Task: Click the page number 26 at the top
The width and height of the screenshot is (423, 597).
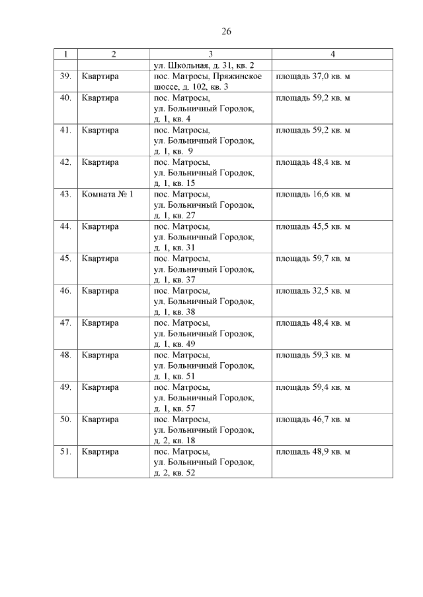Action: tap(226, 31)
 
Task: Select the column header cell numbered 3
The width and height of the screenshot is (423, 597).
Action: tap(210, 54)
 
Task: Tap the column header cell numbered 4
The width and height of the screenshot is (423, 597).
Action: tap(332, 54)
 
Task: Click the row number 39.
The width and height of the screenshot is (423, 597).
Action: tap(65, 77)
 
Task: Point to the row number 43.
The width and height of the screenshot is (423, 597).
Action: tap(65, 195)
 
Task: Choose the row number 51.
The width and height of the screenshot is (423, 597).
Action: tap(65, 452)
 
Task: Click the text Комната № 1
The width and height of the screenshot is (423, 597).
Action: tap(108, 195)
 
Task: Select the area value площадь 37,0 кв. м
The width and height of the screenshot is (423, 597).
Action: tap(313, 77)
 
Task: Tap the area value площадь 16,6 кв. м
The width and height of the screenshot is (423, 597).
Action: tap(313, 195)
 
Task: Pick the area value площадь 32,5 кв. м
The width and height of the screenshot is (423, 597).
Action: tap(313, 291)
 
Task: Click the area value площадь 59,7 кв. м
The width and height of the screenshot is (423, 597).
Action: tap(313, 259)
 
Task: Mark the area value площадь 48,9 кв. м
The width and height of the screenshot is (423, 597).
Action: tap(313, 452)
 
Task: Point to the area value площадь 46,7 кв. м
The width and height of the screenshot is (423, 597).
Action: tap(313, 420)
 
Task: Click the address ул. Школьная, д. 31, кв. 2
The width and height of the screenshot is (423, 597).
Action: tap(204, 65)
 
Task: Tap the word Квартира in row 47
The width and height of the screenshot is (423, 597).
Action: tap(100, 323)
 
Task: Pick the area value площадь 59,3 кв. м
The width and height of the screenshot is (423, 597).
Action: tap(313, 355)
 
